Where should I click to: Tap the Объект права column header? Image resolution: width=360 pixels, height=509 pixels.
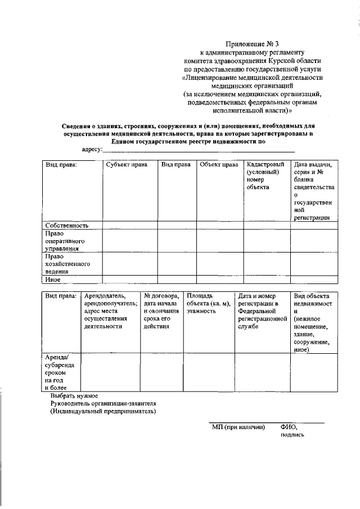(x=219, y=165)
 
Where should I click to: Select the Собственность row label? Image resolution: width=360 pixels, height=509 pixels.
(x=67, y=225)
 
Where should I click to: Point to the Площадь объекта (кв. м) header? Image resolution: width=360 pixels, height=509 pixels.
(x=208, y=303)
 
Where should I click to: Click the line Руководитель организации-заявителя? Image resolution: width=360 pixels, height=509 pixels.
(x=103, y=403)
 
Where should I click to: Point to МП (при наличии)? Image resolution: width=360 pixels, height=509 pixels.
(x=238, y=427)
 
